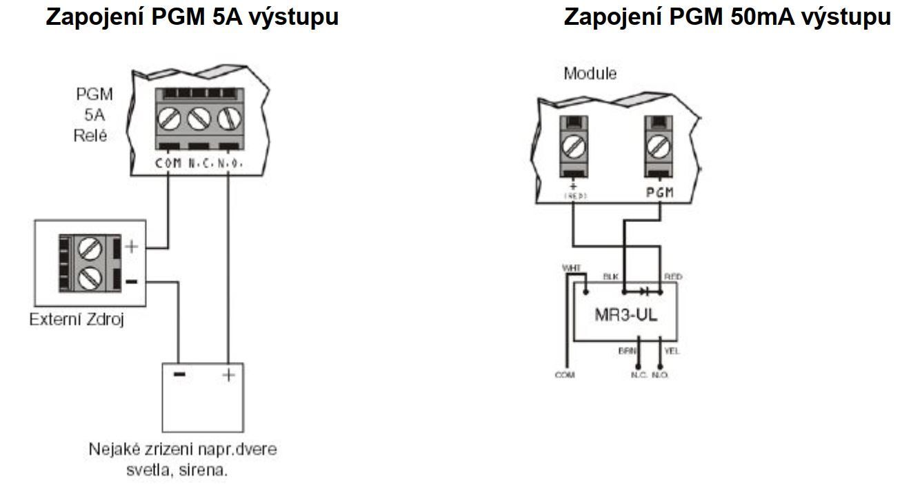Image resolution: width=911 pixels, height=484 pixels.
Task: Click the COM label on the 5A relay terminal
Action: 169,163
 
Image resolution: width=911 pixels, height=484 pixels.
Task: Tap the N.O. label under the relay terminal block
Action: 231,163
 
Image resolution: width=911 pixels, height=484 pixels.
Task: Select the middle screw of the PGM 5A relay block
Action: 199,118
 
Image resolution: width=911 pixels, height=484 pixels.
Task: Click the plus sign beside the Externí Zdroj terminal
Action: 132,246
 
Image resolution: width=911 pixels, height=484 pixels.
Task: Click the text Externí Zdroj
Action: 77,320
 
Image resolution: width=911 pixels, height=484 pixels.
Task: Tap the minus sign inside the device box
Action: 179,374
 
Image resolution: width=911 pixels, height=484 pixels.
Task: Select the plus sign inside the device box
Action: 228,374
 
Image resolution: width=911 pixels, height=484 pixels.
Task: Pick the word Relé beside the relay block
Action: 90,135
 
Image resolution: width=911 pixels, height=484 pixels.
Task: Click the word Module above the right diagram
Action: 590,73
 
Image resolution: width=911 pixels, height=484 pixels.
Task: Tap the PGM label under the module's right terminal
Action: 659,192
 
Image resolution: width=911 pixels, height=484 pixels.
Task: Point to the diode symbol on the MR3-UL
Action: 645,292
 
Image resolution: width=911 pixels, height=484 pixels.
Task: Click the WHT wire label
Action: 572,268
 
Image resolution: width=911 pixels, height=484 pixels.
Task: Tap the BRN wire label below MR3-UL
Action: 627,351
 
